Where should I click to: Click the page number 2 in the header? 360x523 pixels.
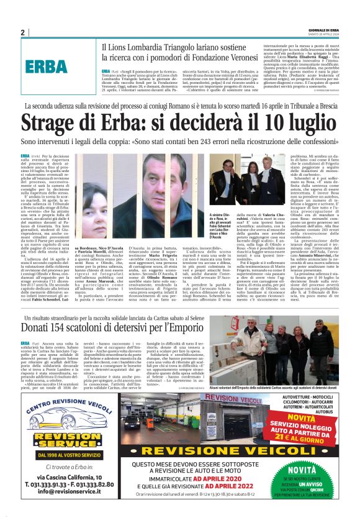[22, 32]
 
